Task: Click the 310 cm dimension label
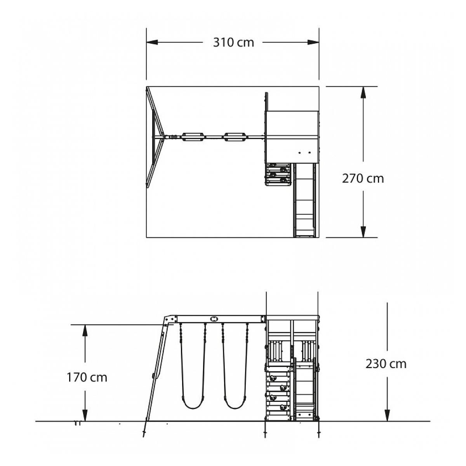pyautogui.click(x=233, y=43)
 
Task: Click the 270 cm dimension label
pyautogui.click(x=363, y=179)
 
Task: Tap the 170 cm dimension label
pyautogui.click(x=87, y=377)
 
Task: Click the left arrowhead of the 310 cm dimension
pyautogui.click(x=152, y=42)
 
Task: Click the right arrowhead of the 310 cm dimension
pyautogui.click(x=313, y=42)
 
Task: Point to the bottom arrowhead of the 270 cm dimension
pyautogui.click(x=363, y=232)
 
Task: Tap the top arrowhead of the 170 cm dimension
pyautogui.click(x=85, y=330)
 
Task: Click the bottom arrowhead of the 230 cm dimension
pyautogui.click(x=388, y=415)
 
